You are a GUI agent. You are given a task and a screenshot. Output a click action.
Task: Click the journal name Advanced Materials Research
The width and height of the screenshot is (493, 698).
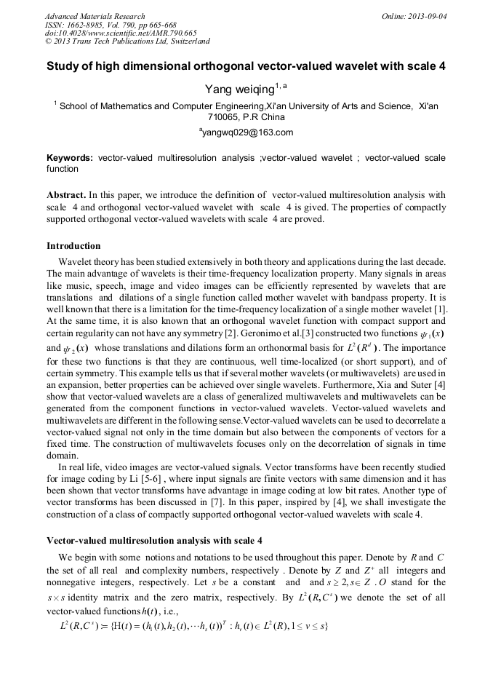pyautogui.click(x=95, y=16)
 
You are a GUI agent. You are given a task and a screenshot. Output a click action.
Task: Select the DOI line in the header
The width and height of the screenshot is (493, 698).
pyautogui.click(x=121, y=33)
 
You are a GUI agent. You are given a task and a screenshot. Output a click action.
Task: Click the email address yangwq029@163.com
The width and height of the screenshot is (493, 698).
pyautogui.click(x=246, y=132)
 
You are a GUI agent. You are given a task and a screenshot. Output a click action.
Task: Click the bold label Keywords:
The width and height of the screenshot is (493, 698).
pyautogui.click(x=70, y=157)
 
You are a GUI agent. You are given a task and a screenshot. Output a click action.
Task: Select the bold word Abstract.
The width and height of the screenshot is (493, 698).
pyautogui.click(x=66, y=196)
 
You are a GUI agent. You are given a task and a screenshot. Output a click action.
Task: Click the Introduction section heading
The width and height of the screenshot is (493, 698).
pyautogui.click(x=73, y=245)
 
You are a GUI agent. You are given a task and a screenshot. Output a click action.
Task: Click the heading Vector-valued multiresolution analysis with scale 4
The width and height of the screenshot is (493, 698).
pyautogui.click(x=154, y=541)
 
